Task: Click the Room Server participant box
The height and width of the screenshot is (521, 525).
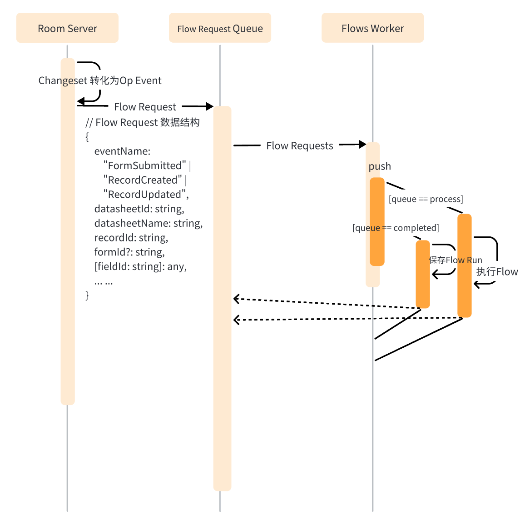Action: pos(67,28)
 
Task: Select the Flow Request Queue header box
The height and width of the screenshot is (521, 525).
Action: pos(220,28)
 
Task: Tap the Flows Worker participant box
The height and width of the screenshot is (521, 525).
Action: pos(373,28)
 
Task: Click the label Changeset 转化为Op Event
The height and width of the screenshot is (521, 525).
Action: pos(100,80)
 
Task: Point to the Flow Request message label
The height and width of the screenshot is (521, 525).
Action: pos(145,107)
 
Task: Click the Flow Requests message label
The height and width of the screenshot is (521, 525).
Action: pos(300,146)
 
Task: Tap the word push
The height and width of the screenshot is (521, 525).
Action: pos(380,166)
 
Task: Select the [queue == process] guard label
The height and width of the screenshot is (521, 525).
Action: pos(426,199)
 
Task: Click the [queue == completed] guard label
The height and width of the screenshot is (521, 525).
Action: pos(396,228)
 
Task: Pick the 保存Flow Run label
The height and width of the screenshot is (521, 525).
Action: pos(456,260)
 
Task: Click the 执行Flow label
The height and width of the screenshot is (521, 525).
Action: pos(497,271)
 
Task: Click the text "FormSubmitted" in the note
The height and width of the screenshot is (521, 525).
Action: pos(144,165)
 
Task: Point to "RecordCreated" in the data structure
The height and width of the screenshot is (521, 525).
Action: pos(143,180)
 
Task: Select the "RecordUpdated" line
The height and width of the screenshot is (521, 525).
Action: pos(146,195)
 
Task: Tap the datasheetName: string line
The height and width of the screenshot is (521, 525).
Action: pos(149,223)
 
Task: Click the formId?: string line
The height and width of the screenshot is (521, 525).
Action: pos(129,252)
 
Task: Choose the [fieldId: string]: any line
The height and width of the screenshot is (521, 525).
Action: pos(141,266)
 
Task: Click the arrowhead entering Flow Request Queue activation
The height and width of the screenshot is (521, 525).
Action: pos(210,107)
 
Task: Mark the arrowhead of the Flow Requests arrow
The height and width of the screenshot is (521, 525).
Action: pos(362,145)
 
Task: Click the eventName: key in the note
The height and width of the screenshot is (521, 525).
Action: pos(122,151)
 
